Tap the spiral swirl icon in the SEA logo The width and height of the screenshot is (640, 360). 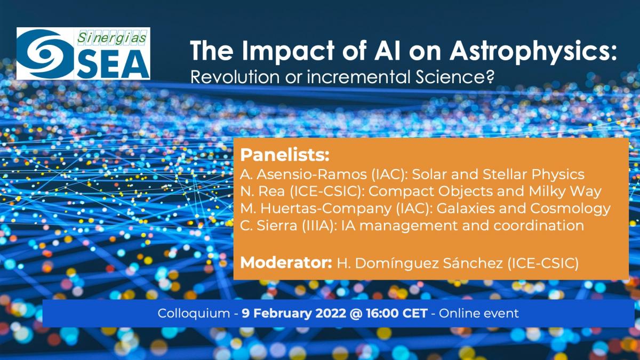(x=46, y=54)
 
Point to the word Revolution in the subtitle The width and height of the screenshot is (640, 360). (x=235, y=77)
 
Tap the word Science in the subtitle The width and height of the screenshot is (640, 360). (x=454, y=77)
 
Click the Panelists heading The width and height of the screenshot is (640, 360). (x=285, y=155)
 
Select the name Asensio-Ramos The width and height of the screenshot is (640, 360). (x=311, y=174)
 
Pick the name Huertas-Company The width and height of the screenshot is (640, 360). (x=326, y=209)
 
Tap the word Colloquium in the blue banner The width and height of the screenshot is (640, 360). (x=194, y=314)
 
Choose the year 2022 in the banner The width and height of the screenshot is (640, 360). (x=331, y=313)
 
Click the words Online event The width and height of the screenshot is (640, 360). (x=478, y=313)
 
